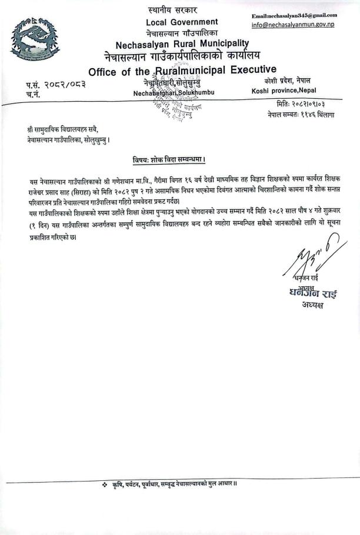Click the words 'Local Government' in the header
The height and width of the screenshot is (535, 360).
tap(181, 22)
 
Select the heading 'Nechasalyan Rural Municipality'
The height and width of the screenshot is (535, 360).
tap(182, 44)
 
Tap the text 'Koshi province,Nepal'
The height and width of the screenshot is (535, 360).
tap(287, 91)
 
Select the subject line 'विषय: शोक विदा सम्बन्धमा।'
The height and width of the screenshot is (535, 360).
tap(168, 159)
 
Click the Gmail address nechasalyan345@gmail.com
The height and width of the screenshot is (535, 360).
tap(294, 15)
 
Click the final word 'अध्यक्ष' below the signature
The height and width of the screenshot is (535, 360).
tap(305, 305)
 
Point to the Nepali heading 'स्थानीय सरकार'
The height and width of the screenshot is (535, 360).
tap(172, 10)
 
